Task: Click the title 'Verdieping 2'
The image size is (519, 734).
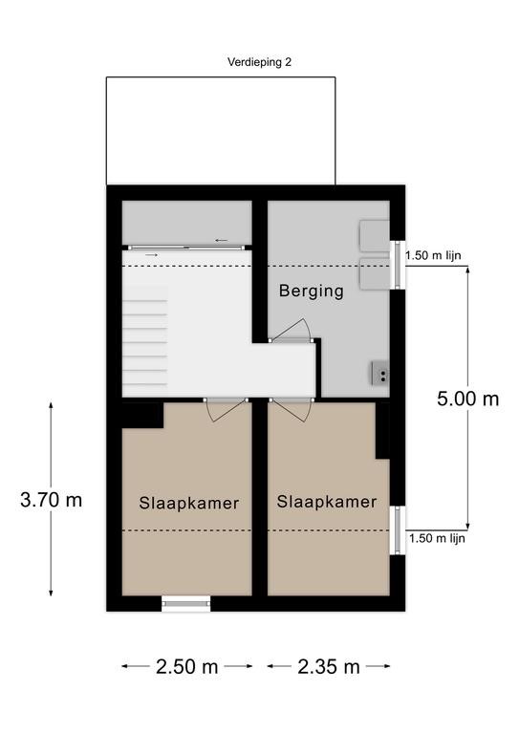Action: tap(259, 62)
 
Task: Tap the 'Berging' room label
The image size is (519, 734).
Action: tap(312, 291)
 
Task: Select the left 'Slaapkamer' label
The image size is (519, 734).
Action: tap(189, 504)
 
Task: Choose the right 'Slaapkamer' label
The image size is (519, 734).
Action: tap(327, 502)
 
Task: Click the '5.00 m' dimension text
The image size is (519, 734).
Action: tap(468, 399)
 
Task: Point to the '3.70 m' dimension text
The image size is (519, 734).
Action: tap(51, 500)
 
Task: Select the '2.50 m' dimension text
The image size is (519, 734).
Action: tap(186, 666)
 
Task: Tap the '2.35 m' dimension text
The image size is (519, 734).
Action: tap(329, 666)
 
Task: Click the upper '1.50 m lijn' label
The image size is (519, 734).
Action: tap(433, 255)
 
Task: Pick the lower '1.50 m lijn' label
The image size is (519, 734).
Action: tap(437, 538)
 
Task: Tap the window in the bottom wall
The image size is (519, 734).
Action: tap(186, 603)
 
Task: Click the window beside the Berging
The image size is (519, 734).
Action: tap(398, 265)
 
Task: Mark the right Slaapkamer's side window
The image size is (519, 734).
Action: tap(398, 530)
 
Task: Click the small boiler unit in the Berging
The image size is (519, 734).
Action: tap(380, 373)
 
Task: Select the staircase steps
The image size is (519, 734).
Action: tap(145, 335)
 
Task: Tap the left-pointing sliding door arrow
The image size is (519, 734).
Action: tap(222, 241)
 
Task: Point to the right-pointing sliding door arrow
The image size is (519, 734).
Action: tap(151, 255)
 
